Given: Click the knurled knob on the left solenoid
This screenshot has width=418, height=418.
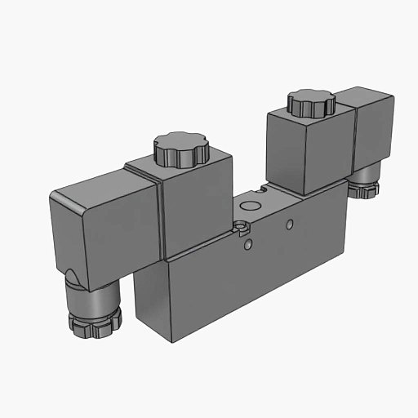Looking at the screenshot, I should (x=180, y=150).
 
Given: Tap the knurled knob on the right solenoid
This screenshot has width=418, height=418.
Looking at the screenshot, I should (x=311, y=103).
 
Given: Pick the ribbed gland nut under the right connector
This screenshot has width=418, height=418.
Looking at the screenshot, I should (x=363, y=189).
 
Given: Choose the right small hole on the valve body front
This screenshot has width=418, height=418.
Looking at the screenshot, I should (x=289, y=221).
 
